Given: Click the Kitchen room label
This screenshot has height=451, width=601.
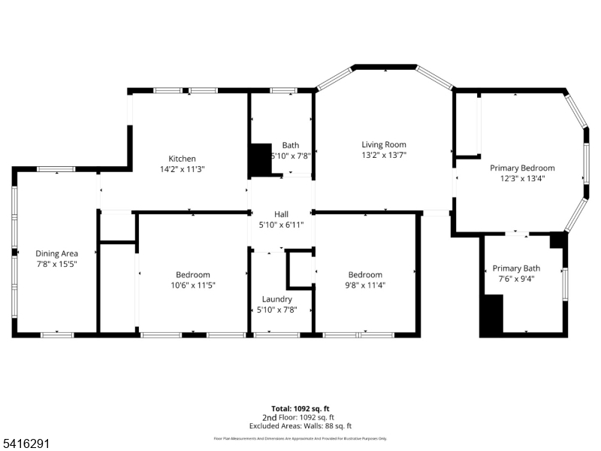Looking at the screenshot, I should (x=182, y=159).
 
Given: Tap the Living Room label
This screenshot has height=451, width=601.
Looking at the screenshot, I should (x=383, y=145).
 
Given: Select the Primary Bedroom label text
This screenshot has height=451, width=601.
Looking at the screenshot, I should (x=522, y=168).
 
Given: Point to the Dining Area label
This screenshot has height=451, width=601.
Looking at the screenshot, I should (x=56, y=254).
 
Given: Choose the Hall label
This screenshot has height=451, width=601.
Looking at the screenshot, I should (x=281, y=214).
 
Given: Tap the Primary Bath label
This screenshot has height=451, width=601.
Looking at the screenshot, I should (x=516, y=268).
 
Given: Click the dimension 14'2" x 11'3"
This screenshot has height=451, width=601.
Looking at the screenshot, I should (x=182, y=169).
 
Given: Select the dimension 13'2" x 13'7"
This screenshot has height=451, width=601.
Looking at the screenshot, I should (x=383, y=156).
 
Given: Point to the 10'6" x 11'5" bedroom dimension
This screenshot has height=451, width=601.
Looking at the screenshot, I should (x=193, y=286).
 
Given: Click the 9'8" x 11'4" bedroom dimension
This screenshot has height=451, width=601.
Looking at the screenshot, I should (x=364, y=286).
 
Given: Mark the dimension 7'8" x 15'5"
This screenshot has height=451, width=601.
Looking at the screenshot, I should (x=56, y=265).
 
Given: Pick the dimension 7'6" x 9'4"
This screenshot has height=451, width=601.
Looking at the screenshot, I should (x=516, y=279).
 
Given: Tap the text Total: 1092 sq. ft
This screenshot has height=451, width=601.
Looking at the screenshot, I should (x=300, y=409).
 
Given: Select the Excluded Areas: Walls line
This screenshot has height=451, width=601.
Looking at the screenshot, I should (x=300, y=425).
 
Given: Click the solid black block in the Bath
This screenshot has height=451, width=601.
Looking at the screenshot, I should (x=260, y=159).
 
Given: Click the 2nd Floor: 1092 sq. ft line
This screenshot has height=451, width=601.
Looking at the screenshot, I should (x=300, y=417).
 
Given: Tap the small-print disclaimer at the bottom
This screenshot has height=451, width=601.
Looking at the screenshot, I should (x=300, y=438).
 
